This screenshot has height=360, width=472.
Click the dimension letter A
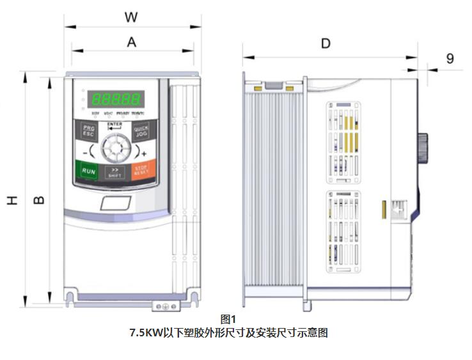point(132,42)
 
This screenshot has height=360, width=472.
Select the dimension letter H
point(12,200)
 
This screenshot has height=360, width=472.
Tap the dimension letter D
point(326,43)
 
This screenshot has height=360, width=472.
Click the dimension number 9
point(450,59)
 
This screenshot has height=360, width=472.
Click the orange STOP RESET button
point(141,171)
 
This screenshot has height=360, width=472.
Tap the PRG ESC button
point(88,132)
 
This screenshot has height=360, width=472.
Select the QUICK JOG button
point(141,131)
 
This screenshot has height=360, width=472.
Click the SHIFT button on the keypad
point(115,172)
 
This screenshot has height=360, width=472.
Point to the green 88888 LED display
point(116,99)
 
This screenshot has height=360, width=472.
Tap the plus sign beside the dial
point(143,153)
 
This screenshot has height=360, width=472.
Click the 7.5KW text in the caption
point(145,333)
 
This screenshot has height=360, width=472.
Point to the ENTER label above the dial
point(114,124)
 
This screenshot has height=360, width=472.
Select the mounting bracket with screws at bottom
point(164,306)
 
